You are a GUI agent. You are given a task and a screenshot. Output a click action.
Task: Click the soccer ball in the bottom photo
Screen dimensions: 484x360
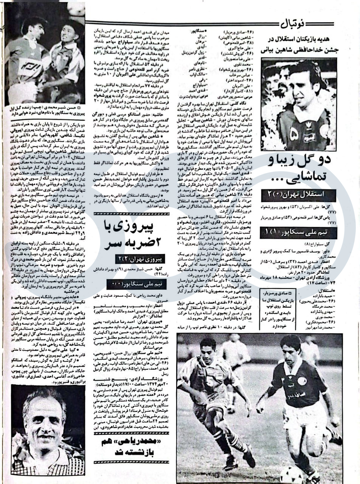(291, 475)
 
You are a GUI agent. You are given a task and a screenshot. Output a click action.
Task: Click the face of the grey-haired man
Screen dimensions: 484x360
(45, 420)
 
